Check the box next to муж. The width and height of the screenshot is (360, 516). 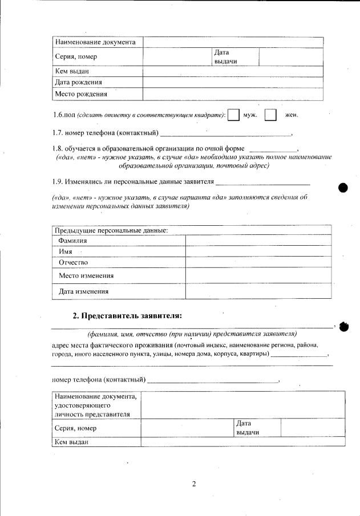[x=233, y=115]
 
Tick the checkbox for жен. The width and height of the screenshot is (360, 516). [x=271, y=115]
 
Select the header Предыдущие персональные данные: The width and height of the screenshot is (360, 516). [x=111, y=230]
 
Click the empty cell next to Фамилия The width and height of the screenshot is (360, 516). [x=258, y=241]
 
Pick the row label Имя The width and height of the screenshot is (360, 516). [x=66, y=251]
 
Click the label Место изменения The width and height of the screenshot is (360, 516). [x=86, y=276]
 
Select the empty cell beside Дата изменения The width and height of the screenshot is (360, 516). [x=258, y=291]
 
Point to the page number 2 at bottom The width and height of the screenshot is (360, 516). [x=193, y=484]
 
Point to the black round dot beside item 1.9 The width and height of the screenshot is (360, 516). [x=343, y=188]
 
